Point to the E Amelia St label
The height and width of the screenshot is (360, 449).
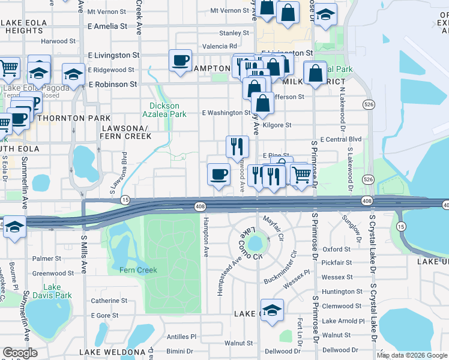[107, 26]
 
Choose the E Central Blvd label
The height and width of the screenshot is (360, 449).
[342, 139]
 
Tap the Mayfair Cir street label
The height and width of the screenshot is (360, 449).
[273, 224]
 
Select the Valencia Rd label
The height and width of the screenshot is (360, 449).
[219, 46]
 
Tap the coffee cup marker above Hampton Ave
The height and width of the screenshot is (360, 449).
[218, 175]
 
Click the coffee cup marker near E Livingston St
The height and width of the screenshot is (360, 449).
[181, 60]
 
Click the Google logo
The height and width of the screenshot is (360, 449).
[20, 353]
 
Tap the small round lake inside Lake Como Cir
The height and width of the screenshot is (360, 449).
[255, 244]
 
